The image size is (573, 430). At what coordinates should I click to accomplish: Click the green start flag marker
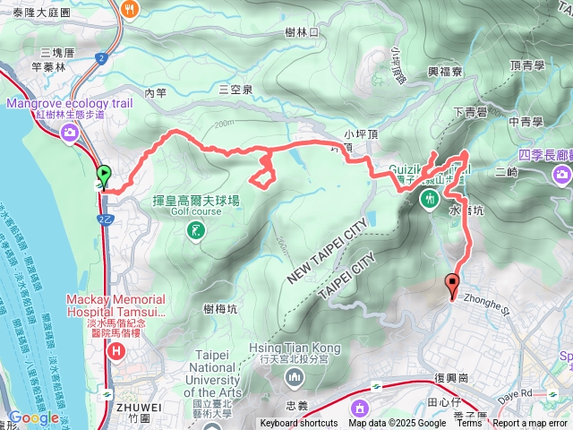(x=104, y=176)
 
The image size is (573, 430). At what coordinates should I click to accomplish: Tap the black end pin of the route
(x=452, y=287)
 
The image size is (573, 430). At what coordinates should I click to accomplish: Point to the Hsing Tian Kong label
(x=295, y=348)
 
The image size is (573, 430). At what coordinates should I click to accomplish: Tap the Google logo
(x=34, y=417)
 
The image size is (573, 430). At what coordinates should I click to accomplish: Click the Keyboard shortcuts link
(x=299, y=424)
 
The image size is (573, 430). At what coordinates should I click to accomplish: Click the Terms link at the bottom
(x=469, y=424)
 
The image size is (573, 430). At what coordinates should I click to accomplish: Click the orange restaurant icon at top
(x=131, y=9)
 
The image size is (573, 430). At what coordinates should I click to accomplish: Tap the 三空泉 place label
(x=235, y=90)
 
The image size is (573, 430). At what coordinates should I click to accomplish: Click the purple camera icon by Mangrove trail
(x=70, y=133)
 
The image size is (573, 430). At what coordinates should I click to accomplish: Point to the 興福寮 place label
(x=444, y=72)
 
